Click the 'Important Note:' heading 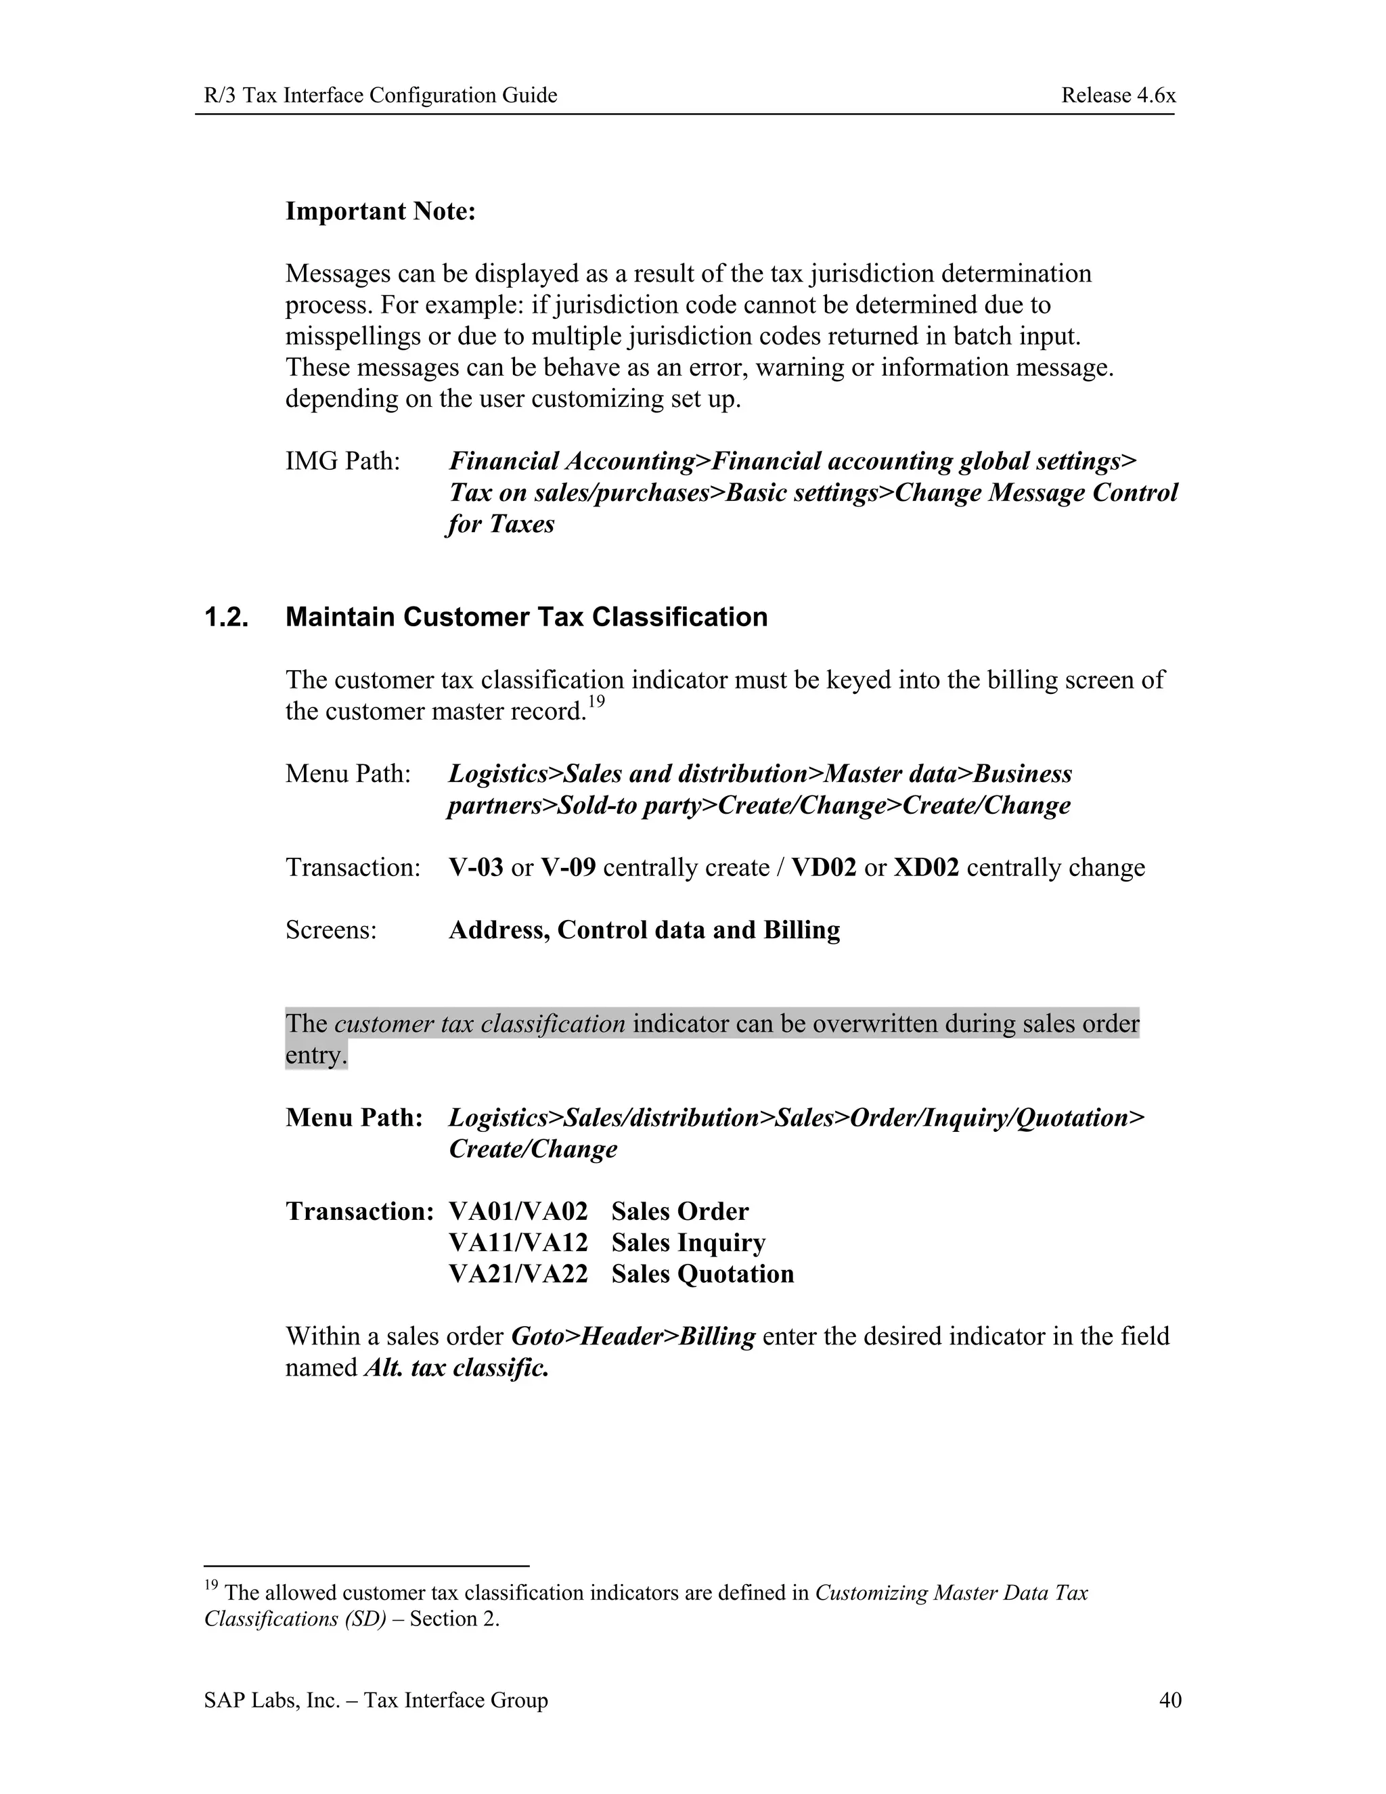(380, 211)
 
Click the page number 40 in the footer (1170, 1699)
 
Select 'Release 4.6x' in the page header (1118, 95)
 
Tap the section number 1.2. (227, 617)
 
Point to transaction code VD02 (824, 867)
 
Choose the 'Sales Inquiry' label (688, 1243)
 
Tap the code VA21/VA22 (518, 1274)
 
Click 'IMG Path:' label (342, 462)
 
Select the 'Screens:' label (331, 930)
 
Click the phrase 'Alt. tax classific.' (455, 1368)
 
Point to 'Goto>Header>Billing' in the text (632, 1336)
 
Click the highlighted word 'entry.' (316, 1055)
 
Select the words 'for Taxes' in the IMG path (501, 524)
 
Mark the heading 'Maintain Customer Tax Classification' (527, 617)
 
